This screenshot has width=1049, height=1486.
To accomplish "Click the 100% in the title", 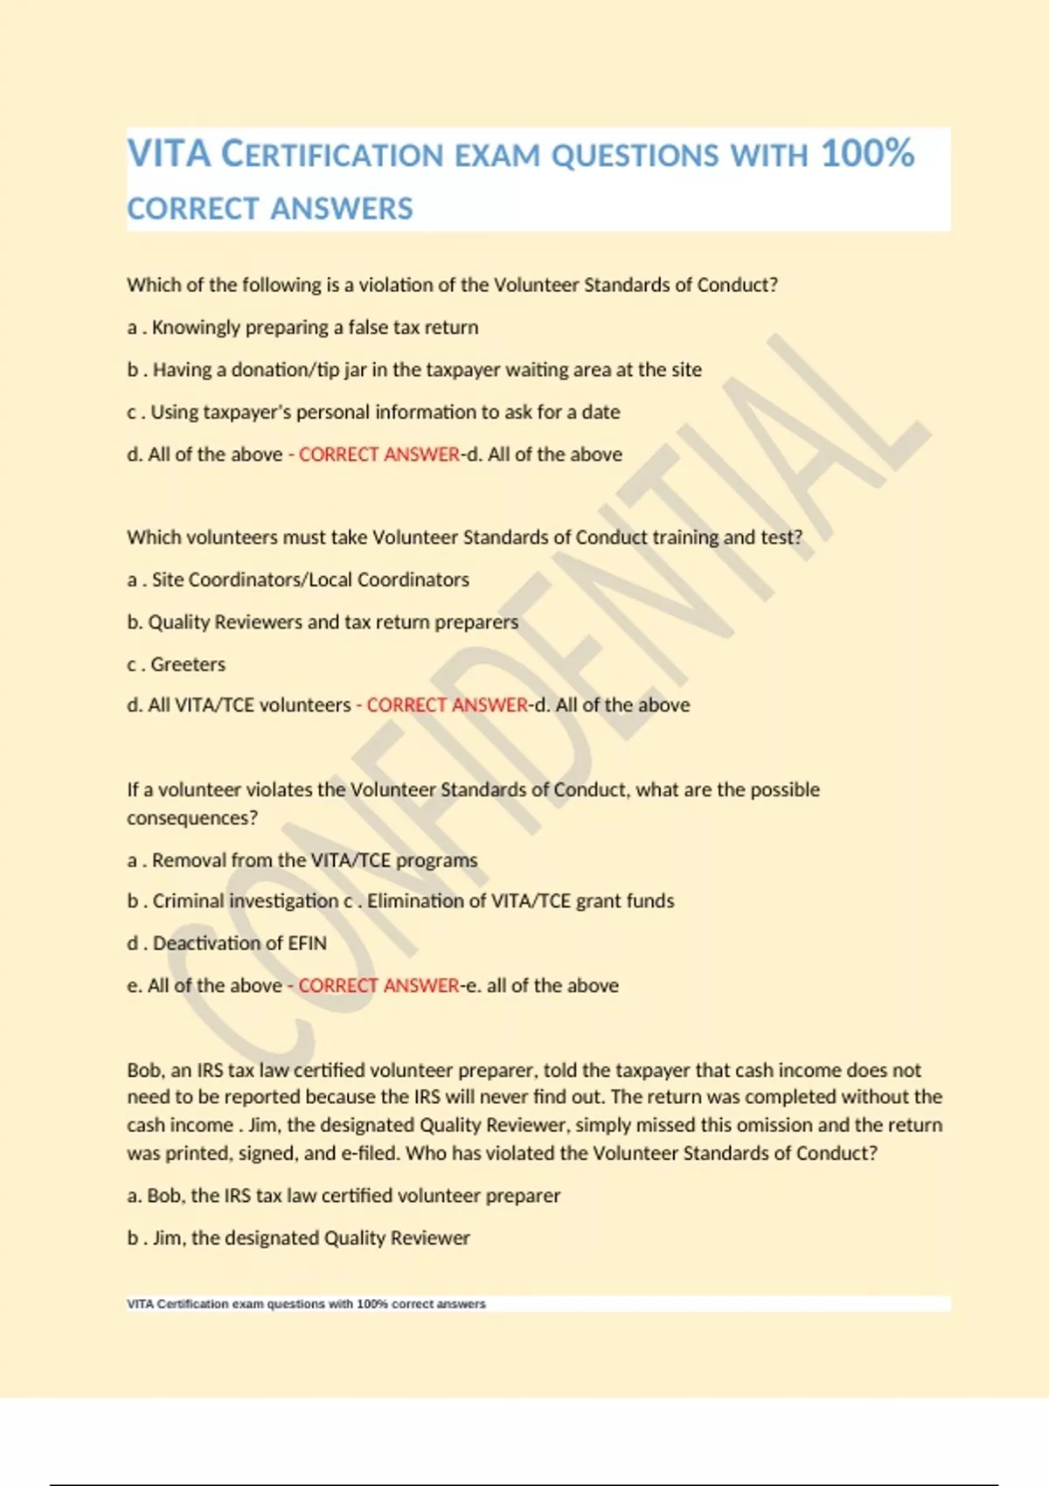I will (x=867, y=154).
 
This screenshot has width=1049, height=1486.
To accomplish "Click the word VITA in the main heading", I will (x=170, y=154).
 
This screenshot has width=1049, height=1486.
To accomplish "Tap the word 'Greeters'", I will (x=188, y=664).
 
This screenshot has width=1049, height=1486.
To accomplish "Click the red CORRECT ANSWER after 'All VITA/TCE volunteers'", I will (x=447, y=705).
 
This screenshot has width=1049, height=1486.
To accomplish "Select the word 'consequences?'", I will (x=192, y=818).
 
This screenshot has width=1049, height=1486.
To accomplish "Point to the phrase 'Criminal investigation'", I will (x=245, y=901).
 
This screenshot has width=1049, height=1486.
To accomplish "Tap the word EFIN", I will (x=305, y=943).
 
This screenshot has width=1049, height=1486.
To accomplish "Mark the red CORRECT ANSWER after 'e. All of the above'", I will (x=379, y=986).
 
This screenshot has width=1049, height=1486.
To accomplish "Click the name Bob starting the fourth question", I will (x=144, y=1070).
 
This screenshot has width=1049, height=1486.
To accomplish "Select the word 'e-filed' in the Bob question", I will (x=370, y=1153).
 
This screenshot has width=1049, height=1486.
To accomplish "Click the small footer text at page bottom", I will (x=306, y=1303).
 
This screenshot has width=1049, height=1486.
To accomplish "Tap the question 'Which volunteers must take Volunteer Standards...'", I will (x=464, y=538).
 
